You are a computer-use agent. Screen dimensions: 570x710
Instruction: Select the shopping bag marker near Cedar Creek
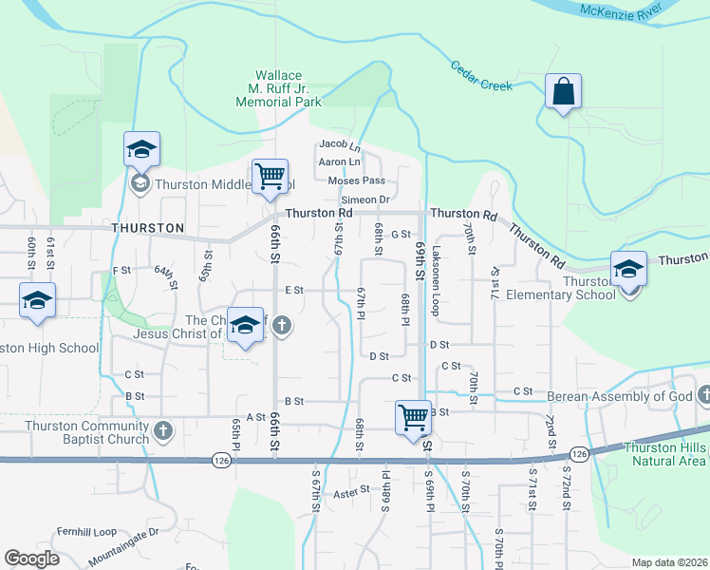coord(563,93)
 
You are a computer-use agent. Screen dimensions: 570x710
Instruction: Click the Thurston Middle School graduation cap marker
coord(141,150)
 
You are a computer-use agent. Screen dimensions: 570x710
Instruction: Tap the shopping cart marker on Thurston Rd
coord(271,176)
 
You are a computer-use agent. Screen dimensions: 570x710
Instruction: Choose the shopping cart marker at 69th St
coord(413,417)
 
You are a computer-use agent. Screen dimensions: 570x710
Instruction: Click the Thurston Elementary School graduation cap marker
coord(627,269)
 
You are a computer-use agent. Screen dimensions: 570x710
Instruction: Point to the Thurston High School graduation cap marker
coord(37,302)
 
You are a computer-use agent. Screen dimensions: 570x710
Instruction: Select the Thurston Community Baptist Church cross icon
coord(162,430)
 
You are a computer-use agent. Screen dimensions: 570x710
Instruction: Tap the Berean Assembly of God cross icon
coord(703,395)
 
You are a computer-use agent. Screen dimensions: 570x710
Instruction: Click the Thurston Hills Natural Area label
coord(664,454)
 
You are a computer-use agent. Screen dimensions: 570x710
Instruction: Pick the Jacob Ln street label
coord(341,145)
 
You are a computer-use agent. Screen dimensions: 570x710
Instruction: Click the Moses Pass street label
coord(356,180)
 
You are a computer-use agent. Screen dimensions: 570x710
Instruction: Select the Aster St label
coord(350,494)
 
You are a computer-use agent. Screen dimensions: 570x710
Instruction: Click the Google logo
coord(31,559)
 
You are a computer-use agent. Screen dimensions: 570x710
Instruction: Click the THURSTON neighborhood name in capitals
coord(147,228)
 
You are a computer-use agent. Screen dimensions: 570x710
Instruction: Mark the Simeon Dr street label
coord(366,199)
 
